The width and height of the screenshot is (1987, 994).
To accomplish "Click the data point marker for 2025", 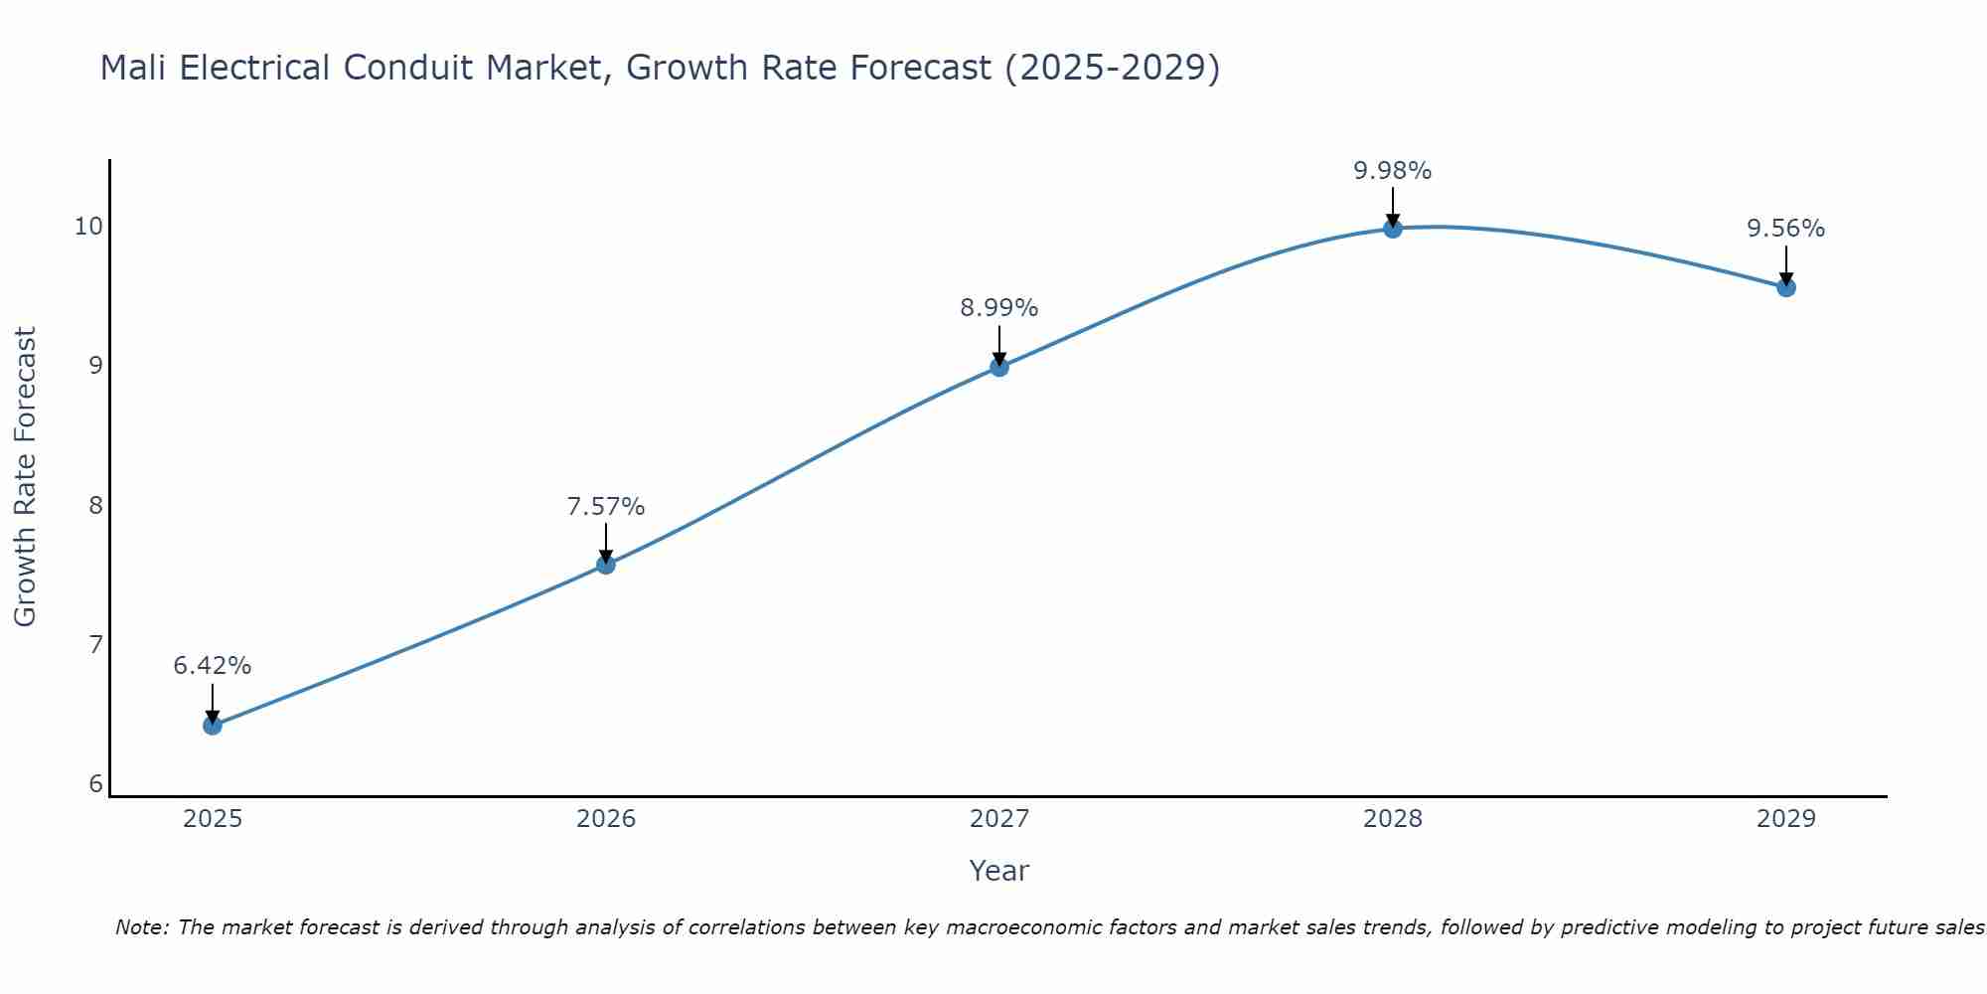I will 213,725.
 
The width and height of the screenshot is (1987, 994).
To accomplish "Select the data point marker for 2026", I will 606,565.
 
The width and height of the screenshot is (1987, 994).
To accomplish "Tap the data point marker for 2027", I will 999,367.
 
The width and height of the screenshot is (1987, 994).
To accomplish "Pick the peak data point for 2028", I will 1393,229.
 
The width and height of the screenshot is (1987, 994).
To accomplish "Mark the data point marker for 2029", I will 1786,287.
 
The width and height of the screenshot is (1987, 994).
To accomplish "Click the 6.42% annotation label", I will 213,666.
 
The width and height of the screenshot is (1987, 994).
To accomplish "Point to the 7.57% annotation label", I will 606,507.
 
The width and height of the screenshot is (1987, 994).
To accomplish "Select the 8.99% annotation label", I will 999,308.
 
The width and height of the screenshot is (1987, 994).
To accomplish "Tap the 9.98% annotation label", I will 1393,171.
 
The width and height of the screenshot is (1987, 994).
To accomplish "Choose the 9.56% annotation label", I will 1786,229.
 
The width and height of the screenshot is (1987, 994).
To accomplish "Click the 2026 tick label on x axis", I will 606,819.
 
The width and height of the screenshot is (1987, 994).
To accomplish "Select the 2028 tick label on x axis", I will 1393,819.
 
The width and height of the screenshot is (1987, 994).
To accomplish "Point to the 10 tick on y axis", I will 88,227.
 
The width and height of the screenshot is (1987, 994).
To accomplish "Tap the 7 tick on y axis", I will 95,645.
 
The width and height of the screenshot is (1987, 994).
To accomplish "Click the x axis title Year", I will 999,871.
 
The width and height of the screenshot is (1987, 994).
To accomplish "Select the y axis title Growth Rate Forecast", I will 25,477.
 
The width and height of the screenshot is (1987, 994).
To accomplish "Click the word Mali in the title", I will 134,68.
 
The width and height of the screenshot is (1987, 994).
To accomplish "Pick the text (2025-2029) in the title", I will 1112,68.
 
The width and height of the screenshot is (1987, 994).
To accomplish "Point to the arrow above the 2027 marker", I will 999,344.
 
